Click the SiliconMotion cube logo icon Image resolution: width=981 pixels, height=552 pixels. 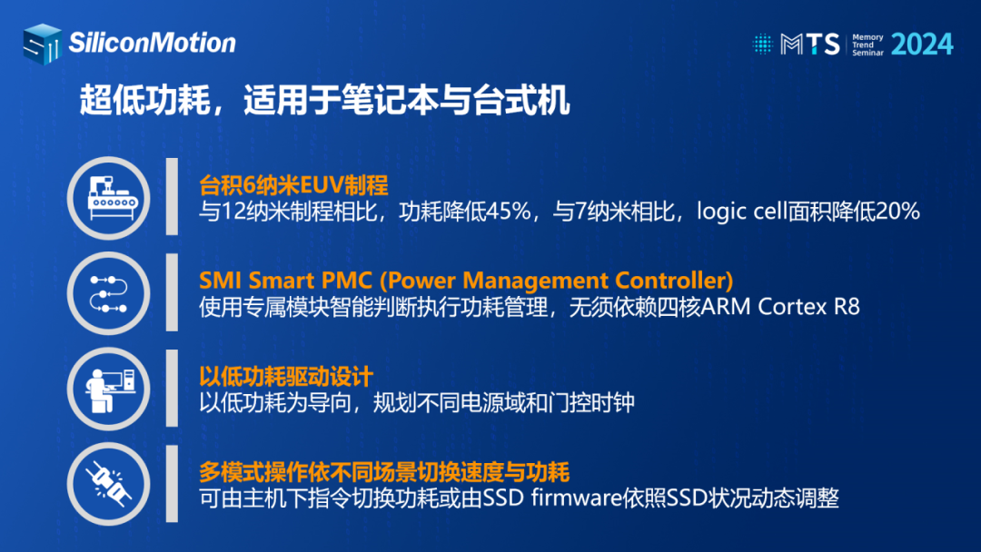[x=43, y=44]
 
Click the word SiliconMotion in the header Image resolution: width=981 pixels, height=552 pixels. [x=152, y=44]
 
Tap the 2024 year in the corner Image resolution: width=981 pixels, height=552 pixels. [x=922, y=44]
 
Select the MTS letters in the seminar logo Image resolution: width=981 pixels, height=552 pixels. [x=810, y=44]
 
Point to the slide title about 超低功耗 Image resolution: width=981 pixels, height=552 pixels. [x=324, y=100]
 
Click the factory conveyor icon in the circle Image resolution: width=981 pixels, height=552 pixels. [x=109, y=198]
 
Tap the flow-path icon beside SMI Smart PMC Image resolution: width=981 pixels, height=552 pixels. [x=109, y=294]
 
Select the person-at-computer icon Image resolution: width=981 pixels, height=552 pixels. [x=109, y=389]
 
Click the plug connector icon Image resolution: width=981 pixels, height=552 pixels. [x=109, y=484]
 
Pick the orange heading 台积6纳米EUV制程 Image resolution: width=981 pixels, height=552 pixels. [x=293, y=185]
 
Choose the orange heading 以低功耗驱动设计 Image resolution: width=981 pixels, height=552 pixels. [x=286, y=377]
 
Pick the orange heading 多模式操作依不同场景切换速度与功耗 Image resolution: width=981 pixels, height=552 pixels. [x=384, y=472]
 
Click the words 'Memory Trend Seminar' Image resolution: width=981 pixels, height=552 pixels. [x=867, y=45]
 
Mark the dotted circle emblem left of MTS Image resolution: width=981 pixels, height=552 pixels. [x=762, y=44]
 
